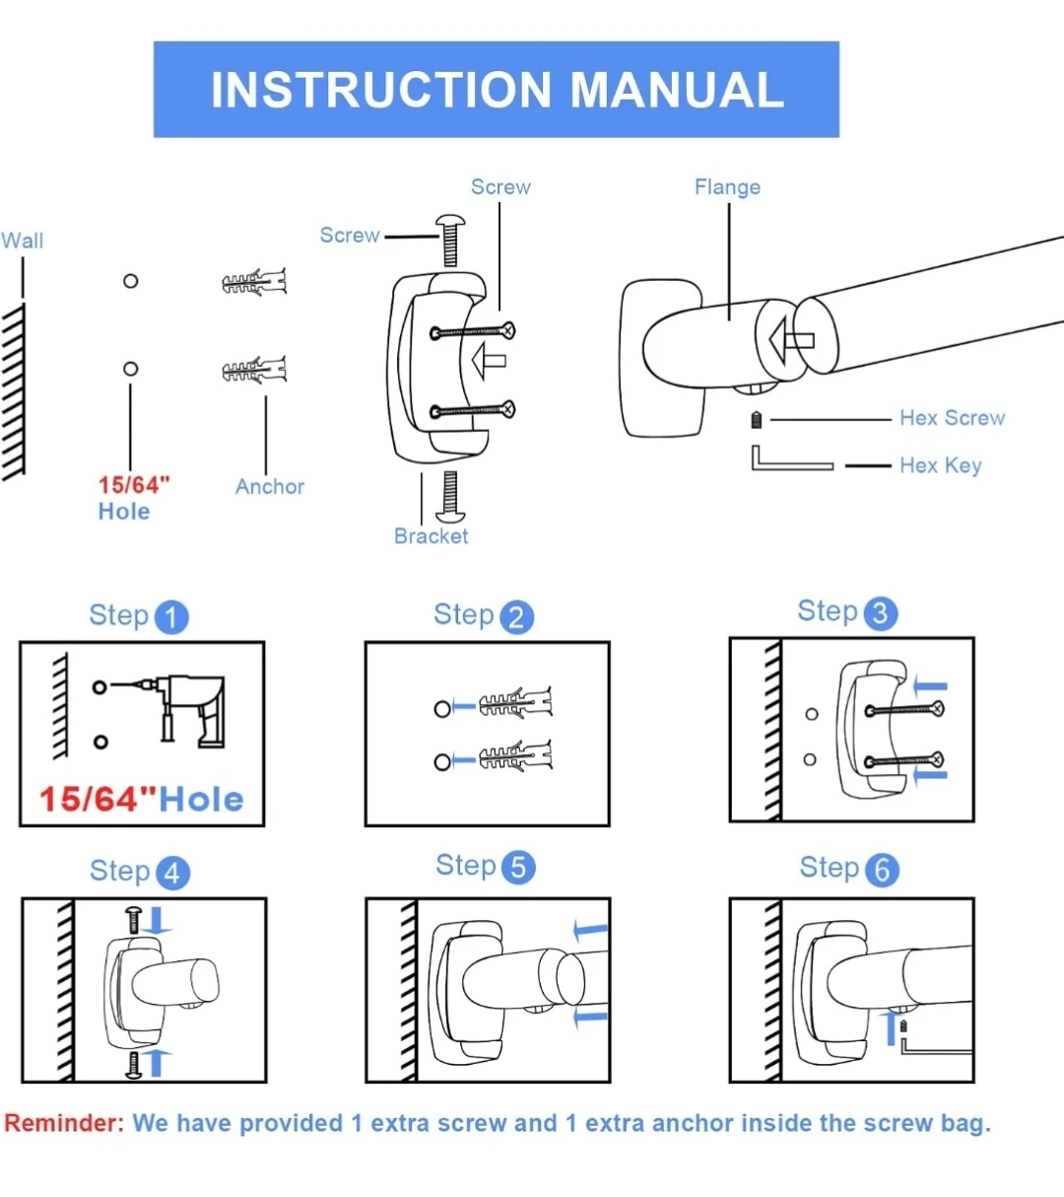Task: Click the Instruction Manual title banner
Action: click(x=497, y=89)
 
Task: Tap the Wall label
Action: click(x=22, y=241)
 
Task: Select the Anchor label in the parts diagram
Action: click(x=269, y=486)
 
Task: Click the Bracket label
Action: click(x=431, y=536)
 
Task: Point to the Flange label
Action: click(x=727, y=187)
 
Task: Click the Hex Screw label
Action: click(x=952, y=418)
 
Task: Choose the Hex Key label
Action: click(x=940, y=465)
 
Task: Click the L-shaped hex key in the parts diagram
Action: click(x=788, y=461)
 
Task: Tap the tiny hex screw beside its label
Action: click(x=757, y=420)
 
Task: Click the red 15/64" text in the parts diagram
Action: click(x=133, y=485)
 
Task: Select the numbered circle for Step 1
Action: click(x=171, y=617)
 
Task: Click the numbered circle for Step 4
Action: click(x=171, y=873)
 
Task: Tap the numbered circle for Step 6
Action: click(x=882, y=870)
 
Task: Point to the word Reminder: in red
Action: click(x=64, y=1123)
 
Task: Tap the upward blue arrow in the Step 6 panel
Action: click(x=892, y=1027)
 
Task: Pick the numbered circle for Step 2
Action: click(x=516, y=617)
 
